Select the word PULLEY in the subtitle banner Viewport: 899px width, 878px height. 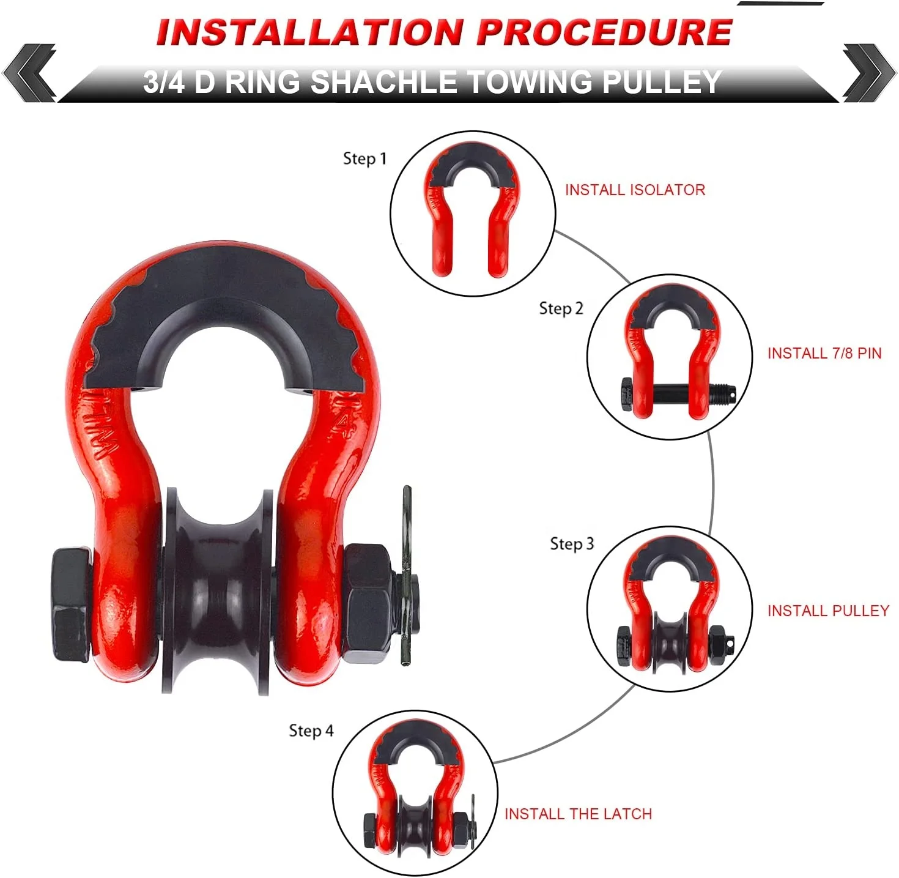[661, 82]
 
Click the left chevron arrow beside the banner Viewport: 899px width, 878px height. [29, 73]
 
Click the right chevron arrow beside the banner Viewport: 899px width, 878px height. [868, 73]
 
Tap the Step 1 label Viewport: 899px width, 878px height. [365, 158]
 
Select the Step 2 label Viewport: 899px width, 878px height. [561, 308]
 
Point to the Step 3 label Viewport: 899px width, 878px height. [572, 543]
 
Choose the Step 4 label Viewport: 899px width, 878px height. [311, 731]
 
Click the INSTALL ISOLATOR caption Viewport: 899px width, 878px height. [635, 190]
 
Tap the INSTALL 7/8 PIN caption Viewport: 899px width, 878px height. [824, 353]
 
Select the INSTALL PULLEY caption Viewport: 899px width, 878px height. [827, 611]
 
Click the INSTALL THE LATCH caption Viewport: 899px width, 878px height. [578, 814]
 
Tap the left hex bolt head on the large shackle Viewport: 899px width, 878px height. [70, 606]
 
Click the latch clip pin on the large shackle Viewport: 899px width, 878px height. [407, 575]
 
